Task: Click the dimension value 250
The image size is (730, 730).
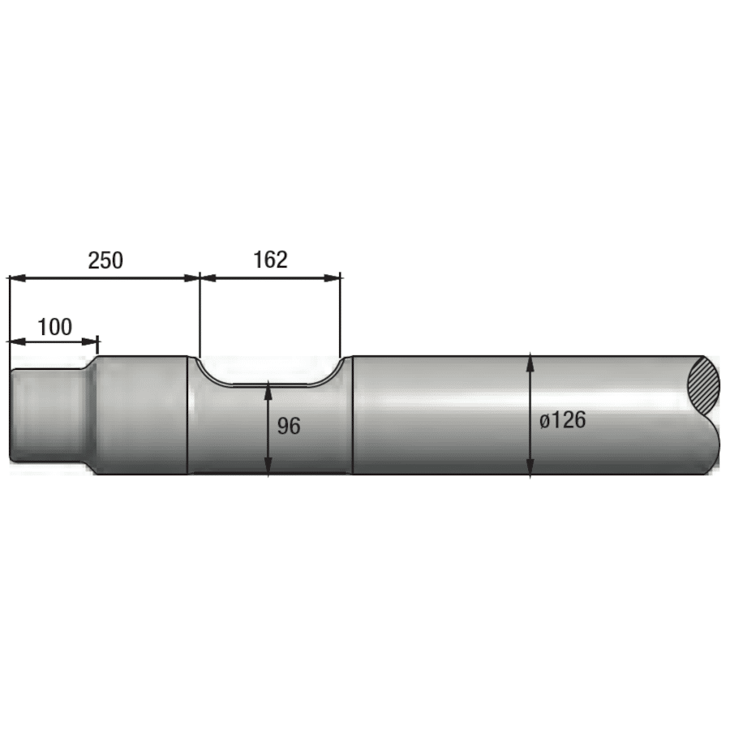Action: [x=105, y=260]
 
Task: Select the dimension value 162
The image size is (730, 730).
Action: [x=270, y=260]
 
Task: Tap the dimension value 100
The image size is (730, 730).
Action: [x=55, y=327]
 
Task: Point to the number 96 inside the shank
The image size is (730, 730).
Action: [x=289, y=426]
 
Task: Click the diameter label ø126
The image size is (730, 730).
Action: [x=562, y=420]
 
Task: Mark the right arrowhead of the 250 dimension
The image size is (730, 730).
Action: [x=192, y=277]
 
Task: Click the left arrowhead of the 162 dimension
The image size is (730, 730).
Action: [x=208, y=277]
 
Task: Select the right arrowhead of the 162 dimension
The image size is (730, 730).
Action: [x=333, y=277]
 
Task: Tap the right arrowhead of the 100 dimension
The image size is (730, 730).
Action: [x=91, y=341]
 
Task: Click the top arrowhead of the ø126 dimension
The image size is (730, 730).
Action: [x=530, y=362]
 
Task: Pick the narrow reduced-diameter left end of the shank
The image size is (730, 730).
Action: [x=45, y=415]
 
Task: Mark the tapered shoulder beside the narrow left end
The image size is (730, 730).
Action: [x=89, y=415]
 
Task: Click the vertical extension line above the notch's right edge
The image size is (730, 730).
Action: [x=341, y=316]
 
